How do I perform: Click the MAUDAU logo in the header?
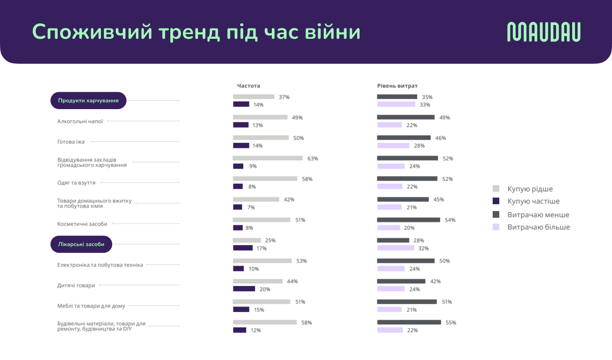tap(544, 32)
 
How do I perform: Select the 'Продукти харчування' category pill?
tap(88, 100)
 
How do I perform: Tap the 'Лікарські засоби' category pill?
tap(81, 244)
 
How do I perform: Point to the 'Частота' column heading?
tap(248, 86)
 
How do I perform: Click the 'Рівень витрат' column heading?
tap(397, 86)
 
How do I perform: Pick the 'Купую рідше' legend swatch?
tap(496, 189)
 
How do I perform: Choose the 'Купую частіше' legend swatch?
tap(496, 201)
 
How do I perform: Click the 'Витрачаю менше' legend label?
tap(538, 215)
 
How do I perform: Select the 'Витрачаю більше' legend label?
tap(539, 227)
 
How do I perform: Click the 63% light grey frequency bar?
tap(268, 159)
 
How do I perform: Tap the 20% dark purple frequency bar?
tap(244, 289)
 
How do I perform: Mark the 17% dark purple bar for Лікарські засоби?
tap(243, 248)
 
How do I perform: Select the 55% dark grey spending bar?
tap(409, 322)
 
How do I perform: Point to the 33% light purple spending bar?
tap(396, 105)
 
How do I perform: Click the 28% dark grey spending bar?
tap(393, 240)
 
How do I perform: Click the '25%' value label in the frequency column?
tap(270, 240)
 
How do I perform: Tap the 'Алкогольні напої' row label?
tap(80, 121)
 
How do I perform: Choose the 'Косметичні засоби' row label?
tap(83, 223)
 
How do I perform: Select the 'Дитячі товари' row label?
tap(76, 286)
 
